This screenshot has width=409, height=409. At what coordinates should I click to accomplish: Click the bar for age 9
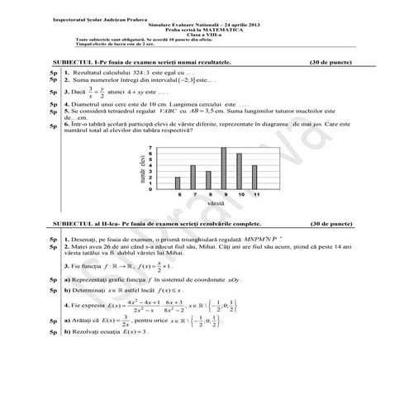[x=223, y=169]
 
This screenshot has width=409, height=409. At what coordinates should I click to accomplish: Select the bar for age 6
[x=177, y=183]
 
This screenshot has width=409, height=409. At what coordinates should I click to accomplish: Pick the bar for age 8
[x=207, y=179]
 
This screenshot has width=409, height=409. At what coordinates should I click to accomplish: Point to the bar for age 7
[x=193, y=176]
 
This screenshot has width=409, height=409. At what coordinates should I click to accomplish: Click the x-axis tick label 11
[x=255, y=194]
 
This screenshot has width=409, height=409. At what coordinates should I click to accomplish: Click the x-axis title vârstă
[x=216, y=203]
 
